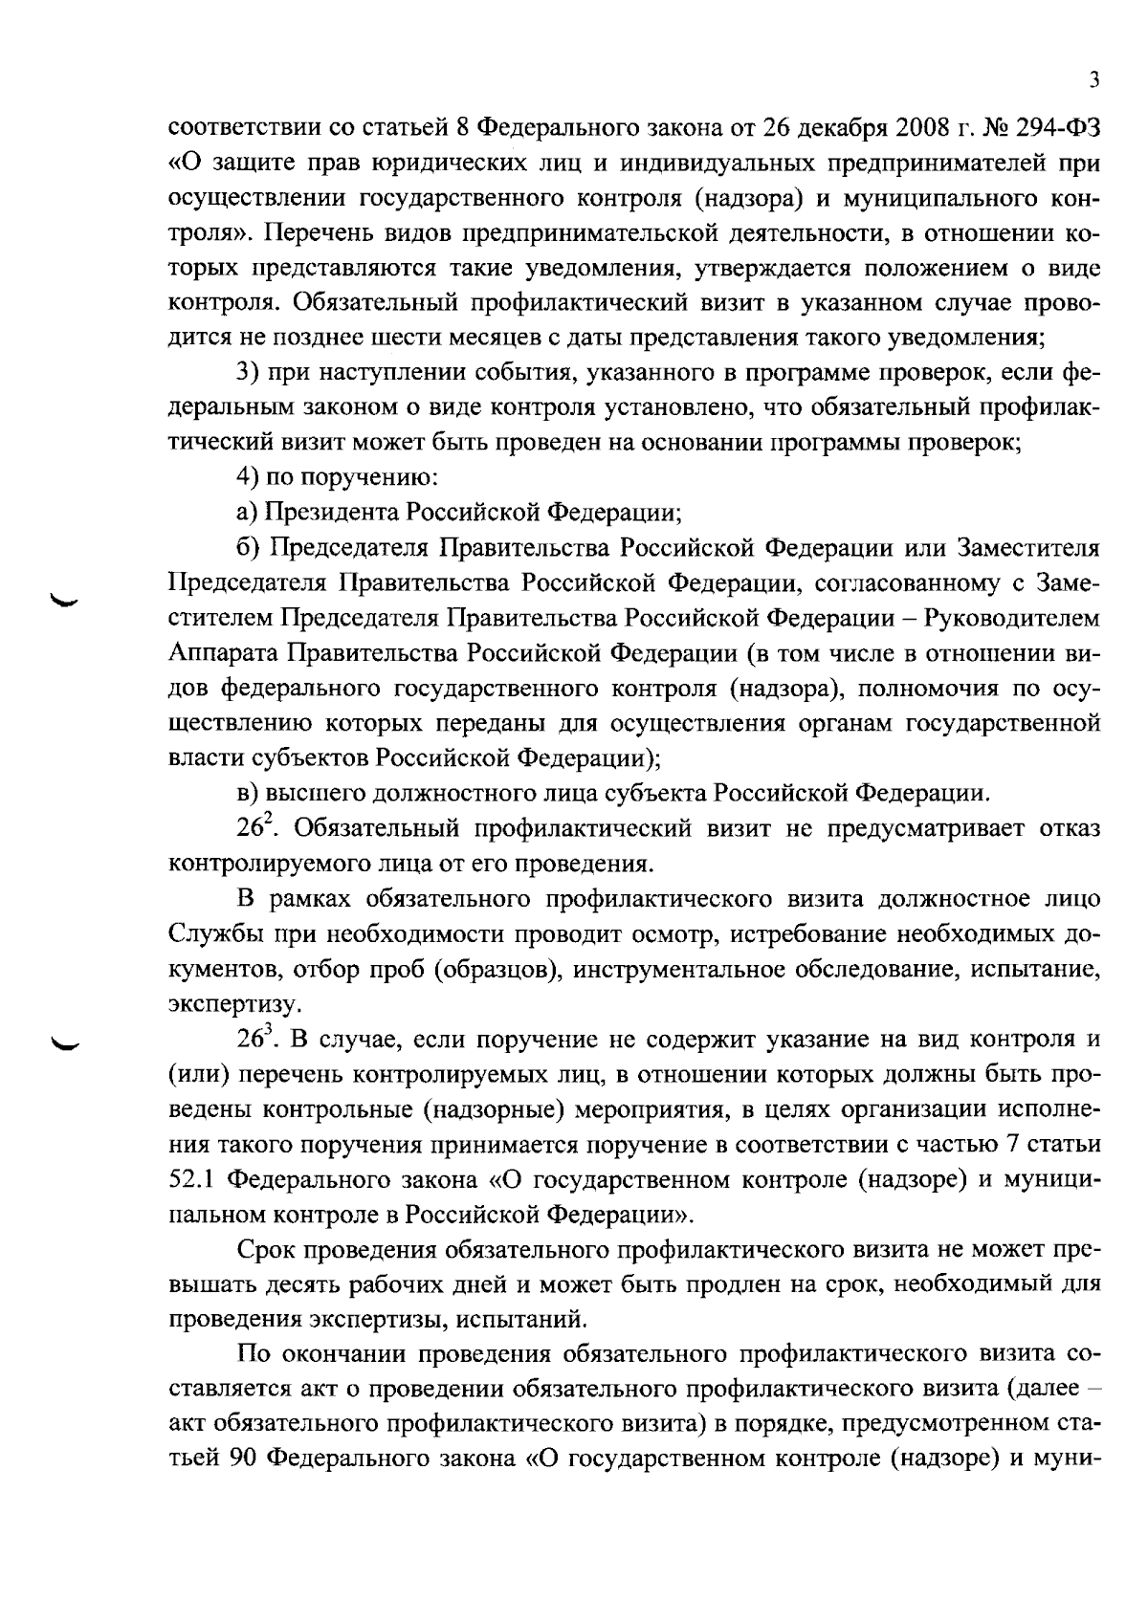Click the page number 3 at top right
1093,81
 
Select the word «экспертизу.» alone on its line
222,1004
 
